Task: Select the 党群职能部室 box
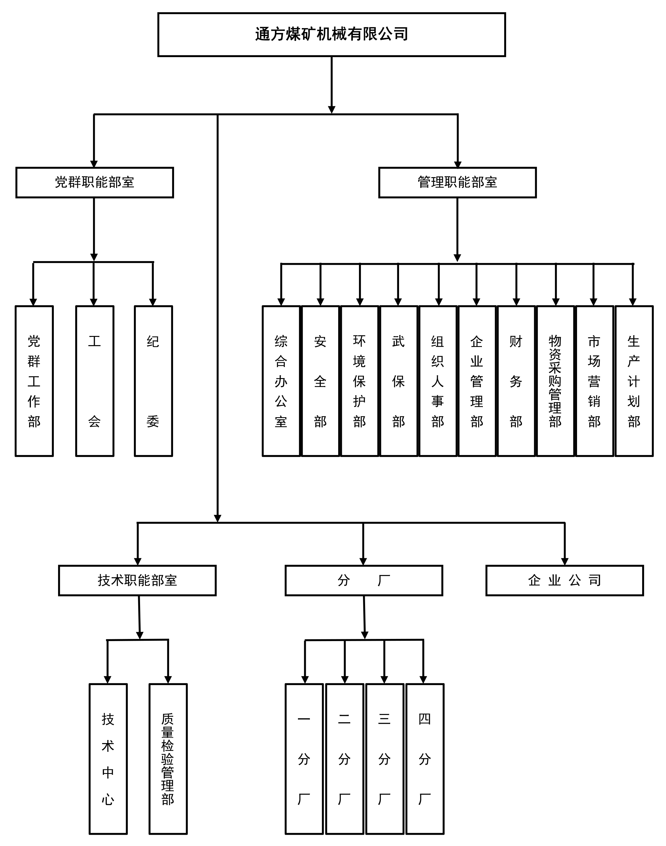coord(94,183)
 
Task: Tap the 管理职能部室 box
coord(457,183)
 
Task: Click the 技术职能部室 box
coord(137,580)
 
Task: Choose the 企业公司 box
coord(564,580)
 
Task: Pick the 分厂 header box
coord(364,580)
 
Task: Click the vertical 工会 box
coord(95,381)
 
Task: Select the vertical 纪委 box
coord(153,381)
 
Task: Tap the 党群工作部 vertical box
coord(34,381)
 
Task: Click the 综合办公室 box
coord(281,381)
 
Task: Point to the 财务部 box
coord(516,381)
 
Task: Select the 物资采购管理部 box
coord(555,381)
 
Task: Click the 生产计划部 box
coord(634,381)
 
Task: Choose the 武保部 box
coord(398,381)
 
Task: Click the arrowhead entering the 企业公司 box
coord(564,561)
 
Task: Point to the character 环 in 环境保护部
coord(359,341)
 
